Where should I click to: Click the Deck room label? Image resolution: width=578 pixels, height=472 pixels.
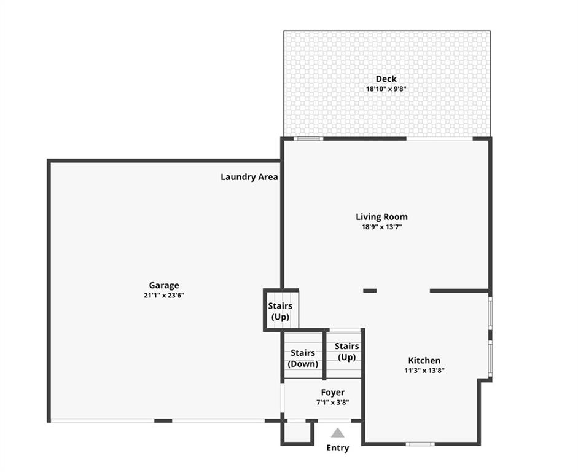tap(386, 79)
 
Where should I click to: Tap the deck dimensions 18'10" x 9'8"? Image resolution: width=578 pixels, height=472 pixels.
tap(386, 89)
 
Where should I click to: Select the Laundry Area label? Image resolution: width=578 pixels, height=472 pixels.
tap(249, 177)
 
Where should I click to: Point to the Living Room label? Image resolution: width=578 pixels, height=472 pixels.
tap(381, 217)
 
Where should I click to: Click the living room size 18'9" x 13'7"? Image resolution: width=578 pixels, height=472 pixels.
tap(381, 227)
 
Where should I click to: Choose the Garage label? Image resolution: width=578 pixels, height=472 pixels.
tap(164, 285)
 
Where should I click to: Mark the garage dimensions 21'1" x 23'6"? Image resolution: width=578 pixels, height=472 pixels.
tap(164, 295)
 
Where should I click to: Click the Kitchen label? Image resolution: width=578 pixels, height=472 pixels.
tap(424, 360)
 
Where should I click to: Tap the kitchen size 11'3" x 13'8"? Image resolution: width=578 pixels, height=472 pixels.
tap(424, 371)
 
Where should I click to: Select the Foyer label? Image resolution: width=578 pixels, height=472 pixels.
tap(332, 392)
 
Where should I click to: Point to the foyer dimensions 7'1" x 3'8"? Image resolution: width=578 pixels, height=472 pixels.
tap(332, 403)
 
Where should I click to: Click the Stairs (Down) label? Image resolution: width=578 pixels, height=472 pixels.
tap(303, 358)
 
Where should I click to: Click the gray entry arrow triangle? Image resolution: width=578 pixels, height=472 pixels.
tap(337, 433)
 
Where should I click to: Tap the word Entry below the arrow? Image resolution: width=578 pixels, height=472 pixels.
tap(337, 448)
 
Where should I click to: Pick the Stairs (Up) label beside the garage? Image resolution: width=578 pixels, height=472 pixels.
tap(280, 311)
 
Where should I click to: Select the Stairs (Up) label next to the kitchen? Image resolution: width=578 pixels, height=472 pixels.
tap(346, 352)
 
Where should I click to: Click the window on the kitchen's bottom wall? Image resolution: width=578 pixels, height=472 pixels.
tap(420, 444)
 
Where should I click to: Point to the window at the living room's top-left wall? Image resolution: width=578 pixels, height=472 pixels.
tap(308, 139)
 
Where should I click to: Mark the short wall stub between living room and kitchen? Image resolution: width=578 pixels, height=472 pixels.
tap(370, 291)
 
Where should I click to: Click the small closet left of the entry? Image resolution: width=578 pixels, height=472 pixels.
tap(297, 432)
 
